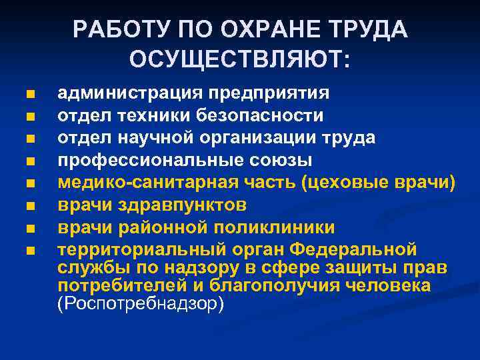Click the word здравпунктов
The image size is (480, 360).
185,205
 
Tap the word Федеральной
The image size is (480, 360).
354,250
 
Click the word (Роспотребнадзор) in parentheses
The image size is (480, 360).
141,303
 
